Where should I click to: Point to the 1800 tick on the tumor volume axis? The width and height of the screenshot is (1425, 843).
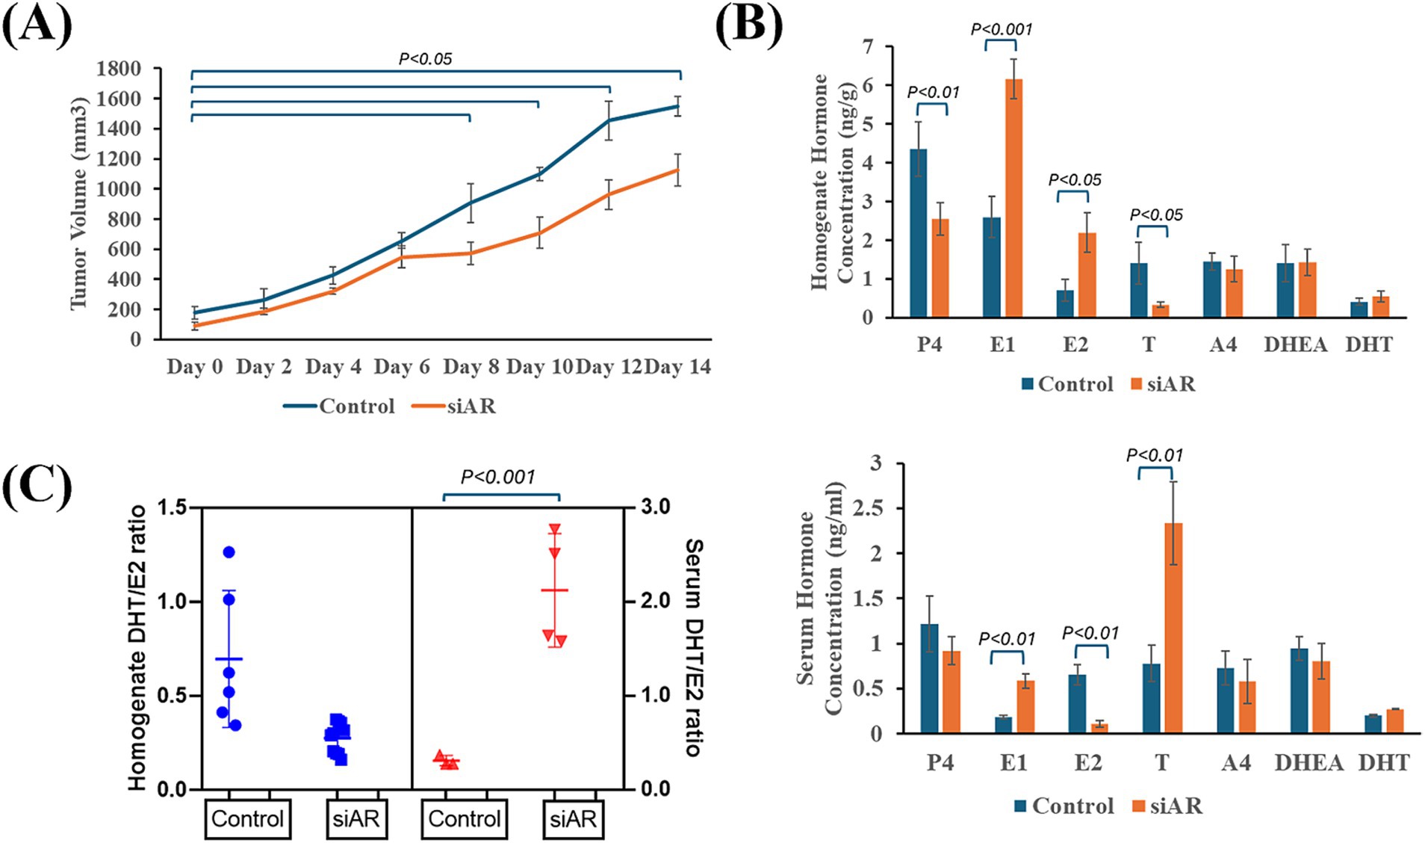119,69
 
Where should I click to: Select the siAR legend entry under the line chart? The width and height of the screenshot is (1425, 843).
471,407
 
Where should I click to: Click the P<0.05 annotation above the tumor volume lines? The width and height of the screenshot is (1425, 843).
425,59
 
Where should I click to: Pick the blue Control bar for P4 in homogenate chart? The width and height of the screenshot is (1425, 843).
918,233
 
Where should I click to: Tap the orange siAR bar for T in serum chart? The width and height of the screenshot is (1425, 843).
1173,628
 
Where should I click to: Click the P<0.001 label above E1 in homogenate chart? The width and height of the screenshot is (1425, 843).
1002,30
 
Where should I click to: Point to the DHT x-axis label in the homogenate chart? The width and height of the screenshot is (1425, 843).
1369,345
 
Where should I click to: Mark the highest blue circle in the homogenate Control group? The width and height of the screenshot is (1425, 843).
229,552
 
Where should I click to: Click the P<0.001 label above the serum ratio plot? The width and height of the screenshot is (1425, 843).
498,477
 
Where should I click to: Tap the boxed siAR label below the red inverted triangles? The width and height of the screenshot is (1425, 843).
573,819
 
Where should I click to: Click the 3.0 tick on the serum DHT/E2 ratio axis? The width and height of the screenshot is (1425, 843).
655,507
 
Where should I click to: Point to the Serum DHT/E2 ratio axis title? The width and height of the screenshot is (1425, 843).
694,647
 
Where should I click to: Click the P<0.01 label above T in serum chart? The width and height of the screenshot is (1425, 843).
1155,455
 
